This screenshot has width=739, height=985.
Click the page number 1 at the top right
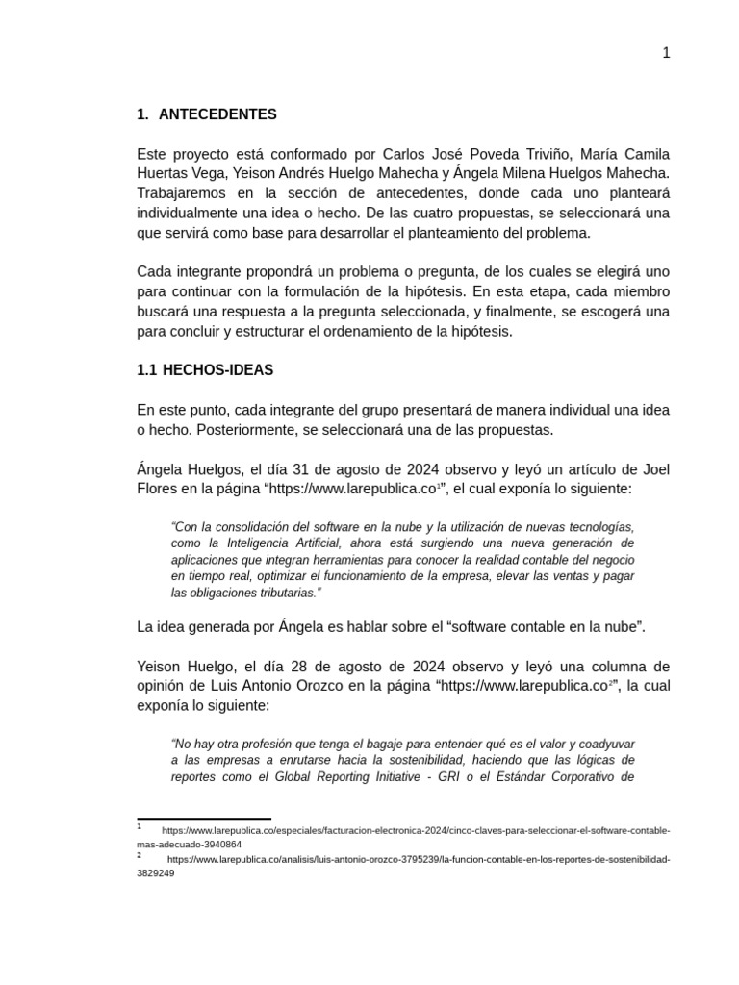[x=666, y=53]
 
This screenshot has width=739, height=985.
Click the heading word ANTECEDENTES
[x=217, y=114]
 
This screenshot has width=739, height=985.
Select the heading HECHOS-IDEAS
[x=217, y=370]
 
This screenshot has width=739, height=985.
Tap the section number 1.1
[x=147, y=370]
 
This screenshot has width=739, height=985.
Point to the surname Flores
[x=158, y=489]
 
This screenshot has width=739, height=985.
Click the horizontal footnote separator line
[x=203, y=819]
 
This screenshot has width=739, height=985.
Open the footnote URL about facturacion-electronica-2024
[x=414, y=830]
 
